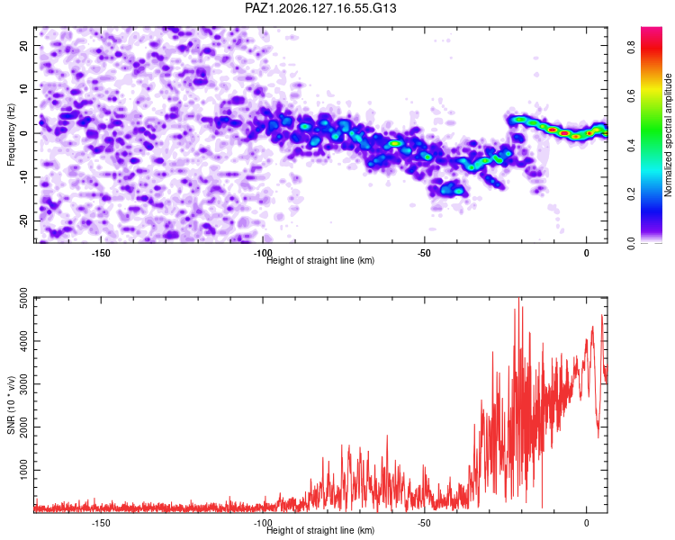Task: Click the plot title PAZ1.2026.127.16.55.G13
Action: pos(320,8)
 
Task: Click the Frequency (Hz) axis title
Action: pos(11,135)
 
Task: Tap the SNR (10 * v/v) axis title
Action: pos(11,405)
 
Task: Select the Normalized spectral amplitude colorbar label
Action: pos(668,135)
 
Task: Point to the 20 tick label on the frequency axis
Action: pos(24,45)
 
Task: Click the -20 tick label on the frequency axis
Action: pos(24,221)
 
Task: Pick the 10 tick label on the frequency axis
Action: pos(24,89)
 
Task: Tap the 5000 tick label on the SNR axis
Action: pos(24,298)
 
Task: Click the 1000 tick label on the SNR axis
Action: pos(24,470)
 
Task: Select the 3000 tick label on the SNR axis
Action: pos(24,384)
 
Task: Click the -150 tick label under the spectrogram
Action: pos(101,253)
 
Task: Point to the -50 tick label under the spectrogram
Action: pos(424,253)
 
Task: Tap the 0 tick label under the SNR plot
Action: pos(586,523)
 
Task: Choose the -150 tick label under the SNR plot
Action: pos(101,523)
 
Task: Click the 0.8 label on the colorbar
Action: pos(631,47)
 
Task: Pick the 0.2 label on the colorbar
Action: pos(631,193)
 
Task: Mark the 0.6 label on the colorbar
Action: pos(631,95)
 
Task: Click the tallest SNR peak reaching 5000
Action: pos(519,299)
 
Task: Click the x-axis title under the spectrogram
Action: pos(320,260)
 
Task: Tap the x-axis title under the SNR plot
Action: pos(320,530)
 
